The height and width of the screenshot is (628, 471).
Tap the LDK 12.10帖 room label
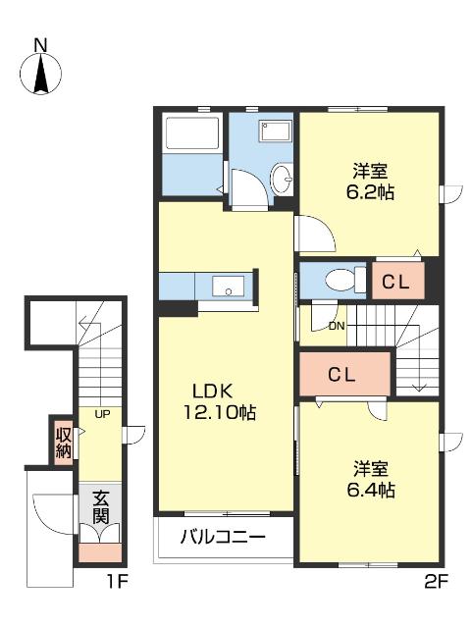tap(218, 400)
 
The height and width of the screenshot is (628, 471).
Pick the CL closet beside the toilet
tap(396, 282)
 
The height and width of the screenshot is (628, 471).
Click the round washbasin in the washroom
tap(282, 179)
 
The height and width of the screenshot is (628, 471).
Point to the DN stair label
tap(337, 326)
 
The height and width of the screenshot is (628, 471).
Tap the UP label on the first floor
tap(101, 414)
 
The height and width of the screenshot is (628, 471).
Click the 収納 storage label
tap(63, 443)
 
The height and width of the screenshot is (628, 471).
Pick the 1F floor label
tap(118, 582)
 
